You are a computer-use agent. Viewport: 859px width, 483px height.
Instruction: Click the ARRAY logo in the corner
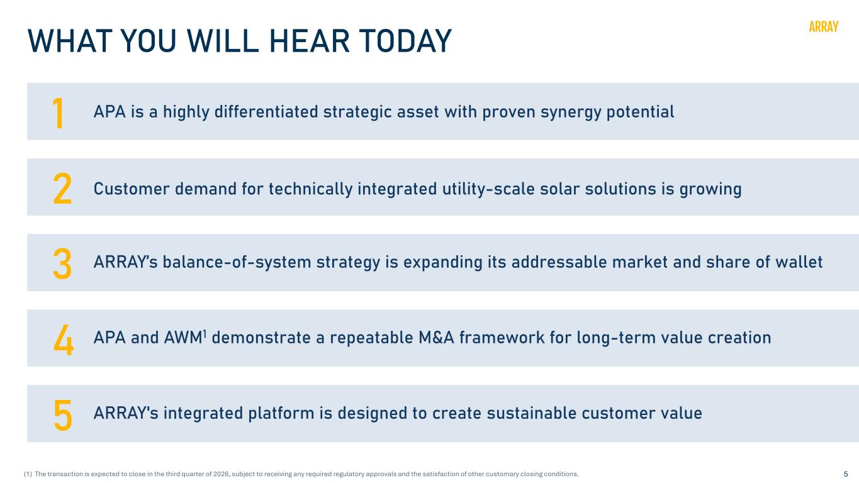point(823,26)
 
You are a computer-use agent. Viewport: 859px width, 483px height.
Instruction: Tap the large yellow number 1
point(58,113)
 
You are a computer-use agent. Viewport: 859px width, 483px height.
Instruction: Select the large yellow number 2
point(62,188)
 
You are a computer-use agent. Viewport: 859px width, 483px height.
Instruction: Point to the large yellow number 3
point(62,264)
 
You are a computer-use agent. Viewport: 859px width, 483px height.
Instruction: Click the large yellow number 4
point(64,339)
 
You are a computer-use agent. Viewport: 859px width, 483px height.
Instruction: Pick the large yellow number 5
point(62,415)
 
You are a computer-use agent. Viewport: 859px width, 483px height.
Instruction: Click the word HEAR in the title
point(310,41)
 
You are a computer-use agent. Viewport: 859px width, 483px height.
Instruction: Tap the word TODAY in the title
point(405,41)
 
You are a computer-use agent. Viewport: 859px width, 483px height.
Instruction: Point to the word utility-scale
point(488,189)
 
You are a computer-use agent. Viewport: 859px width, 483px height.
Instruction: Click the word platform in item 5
point(281,414)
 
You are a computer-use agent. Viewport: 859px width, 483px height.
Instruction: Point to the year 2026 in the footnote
point(221,474)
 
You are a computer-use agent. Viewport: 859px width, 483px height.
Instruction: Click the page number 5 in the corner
point(846,474)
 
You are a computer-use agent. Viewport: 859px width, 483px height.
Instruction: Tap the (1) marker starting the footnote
point(28,474)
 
